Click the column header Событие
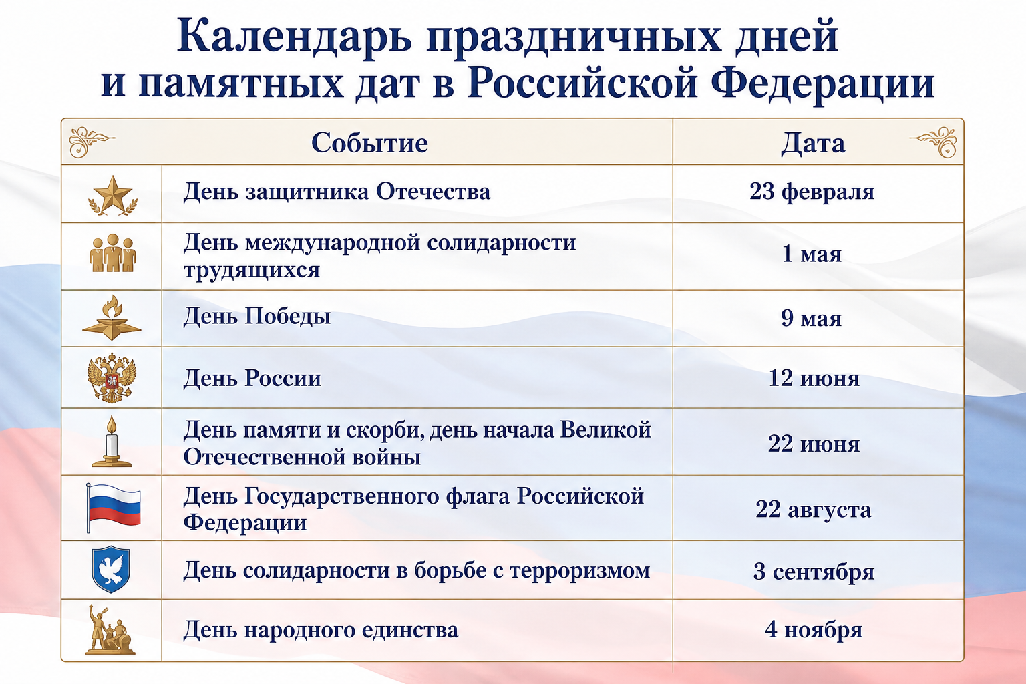[369, 142]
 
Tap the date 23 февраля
[812, 192]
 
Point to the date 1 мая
[812, 254]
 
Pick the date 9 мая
[811, 318]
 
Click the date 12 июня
[814, 379]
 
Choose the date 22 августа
[814, 509]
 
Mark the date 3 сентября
[814, 572]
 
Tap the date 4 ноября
[814, 629]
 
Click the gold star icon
[113, 195]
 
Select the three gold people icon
[113, 253]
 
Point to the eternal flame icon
[112, 317]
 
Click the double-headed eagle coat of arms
[112, 377]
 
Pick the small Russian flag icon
[113, 508]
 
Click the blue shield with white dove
[111, 570]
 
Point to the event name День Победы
[257, 317]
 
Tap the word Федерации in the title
[823, 84]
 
